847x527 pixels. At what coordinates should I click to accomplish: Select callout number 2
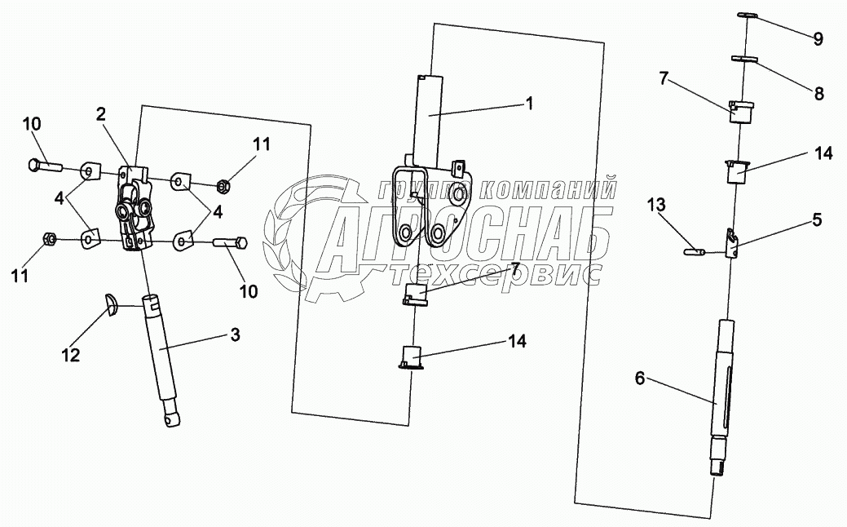[x=101, y=114]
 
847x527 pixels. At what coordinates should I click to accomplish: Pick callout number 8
[x=818, y=94]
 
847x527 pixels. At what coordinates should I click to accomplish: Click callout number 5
[x=817, y=219]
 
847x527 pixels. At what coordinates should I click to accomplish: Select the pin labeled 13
[x=695, y=252]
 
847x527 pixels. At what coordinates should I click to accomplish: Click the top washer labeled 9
[x=748, y=13]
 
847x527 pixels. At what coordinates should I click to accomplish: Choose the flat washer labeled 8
[x=745, y=58]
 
